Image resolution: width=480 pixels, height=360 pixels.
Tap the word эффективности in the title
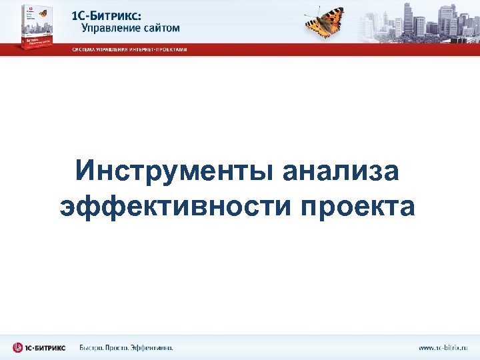175,206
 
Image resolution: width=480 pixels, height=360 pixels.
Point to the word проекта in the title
357,206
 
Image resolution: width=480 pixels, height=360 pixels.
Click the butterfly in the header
325,21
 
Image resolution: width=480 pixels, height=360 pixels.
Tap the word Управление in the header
114,28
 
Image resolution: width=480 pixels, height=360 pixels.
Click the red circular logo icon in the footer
18,347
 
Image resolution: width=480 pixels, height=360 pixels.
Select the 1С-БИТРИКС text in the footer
46,347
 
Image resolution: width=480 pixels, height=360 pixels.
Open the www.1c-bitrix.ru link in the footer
443,347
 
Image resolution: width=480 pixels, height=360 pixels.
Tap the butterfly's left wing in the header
314,24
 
